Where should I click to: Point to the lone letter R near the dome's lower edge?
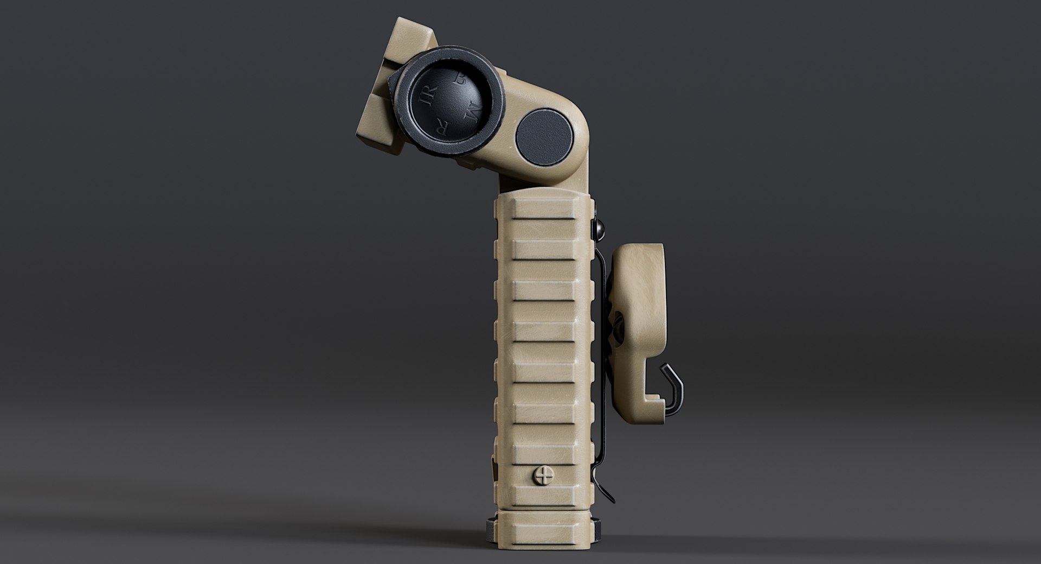coord(442,130)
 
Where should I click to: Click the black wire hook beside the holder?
coord(672,388)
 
